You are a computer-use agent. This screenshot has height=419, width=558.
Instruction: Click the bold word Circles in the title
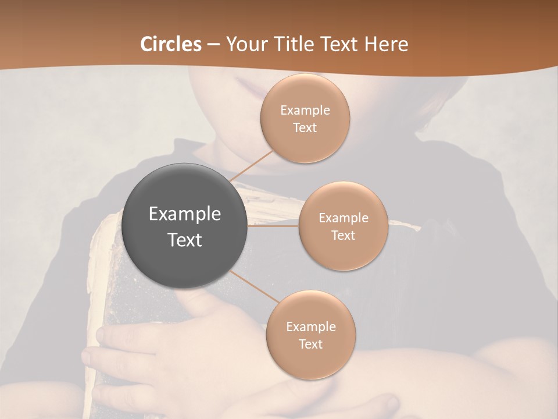171,44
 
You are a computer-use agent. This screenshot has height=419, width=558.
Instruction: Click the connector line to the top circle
251,166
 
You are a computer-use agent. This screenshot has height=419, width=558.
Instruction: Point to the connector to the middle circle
273,226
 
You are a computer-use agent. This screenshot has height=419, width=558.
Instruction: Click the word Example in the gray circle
185,214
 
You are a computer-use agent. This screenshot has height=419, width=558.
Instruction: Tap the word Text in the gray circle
185,240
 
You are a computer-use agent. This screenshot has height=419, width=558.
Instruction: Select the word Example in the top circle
305,111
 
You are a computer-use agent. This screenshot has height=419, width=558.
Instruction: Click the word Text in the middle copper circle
344,235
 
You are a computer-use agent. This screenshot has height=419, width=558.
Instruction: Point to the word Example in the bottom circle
311,326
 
